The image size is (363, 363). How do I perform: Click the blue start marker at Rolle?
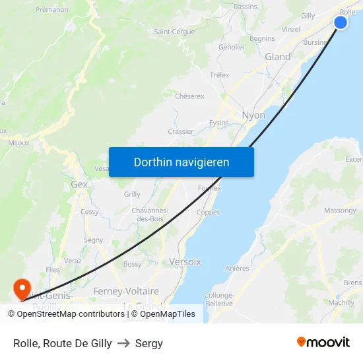(341, 22)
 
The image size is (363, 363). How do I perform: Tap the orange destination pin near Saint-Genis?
(21, 288)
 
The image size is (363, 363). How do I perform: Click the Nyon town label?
(253, 115)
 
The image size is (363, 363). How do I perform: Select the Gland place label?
(277, 57)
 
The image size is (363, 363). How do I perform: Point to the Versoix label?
(185, 261)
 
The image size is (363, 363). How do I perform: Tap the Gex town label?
(79, 185)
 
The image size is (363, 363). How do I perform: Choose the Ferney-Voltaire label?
(126, 291)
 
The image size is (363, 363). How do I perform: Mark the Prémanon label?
(52, 9)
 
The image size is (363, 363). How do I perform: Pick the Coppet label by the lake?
(208, 213)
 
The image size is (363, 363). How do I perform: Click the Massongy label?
(339, 211)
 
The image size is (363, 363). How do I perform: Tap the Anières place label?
(237, 268)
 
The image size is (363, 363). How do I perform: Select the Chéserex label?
(189, 96)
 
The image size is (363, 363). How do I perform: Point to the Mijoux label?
(18, 142)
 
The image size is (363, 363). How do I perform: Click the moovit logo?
(323, 342)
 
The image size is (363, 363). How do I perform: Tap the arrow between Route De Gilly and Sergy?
(123, 343)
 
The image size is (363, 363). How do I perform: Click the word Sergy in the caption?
(149, 343)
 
